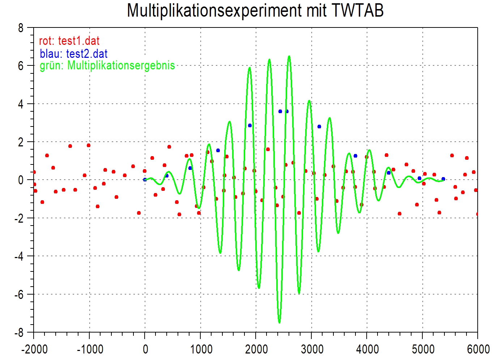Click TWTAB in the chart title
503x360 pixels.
(357, 10)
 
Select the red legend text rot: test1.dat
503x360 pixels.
(69, 41)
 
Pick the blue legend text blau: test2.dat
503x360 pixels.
(74, 54)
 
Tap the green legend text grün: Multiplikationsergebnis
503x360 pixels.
(107, 65)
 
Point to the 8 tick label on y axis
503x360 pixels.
(21, 28)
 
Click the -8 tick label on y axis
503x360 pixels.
(19, 333)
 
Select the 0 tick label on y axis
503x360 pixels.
(21, 180)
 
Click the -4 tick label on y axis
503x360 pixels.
(19, 256)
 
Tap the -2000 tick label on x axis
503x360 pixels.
(34, 349)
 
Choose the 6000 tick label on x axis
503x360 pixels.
(478, 349)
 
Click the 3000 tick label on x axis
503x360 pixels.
(312, 349)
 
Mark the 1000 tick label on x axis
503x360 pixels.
(201, 349)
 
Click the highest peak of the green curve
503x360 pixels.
(289, 56)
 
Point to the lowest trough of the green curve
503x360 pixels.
(279, 322)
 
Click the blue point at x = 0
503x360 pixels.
(145, 180)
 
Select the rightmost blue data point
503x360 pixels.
(443, 179)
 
